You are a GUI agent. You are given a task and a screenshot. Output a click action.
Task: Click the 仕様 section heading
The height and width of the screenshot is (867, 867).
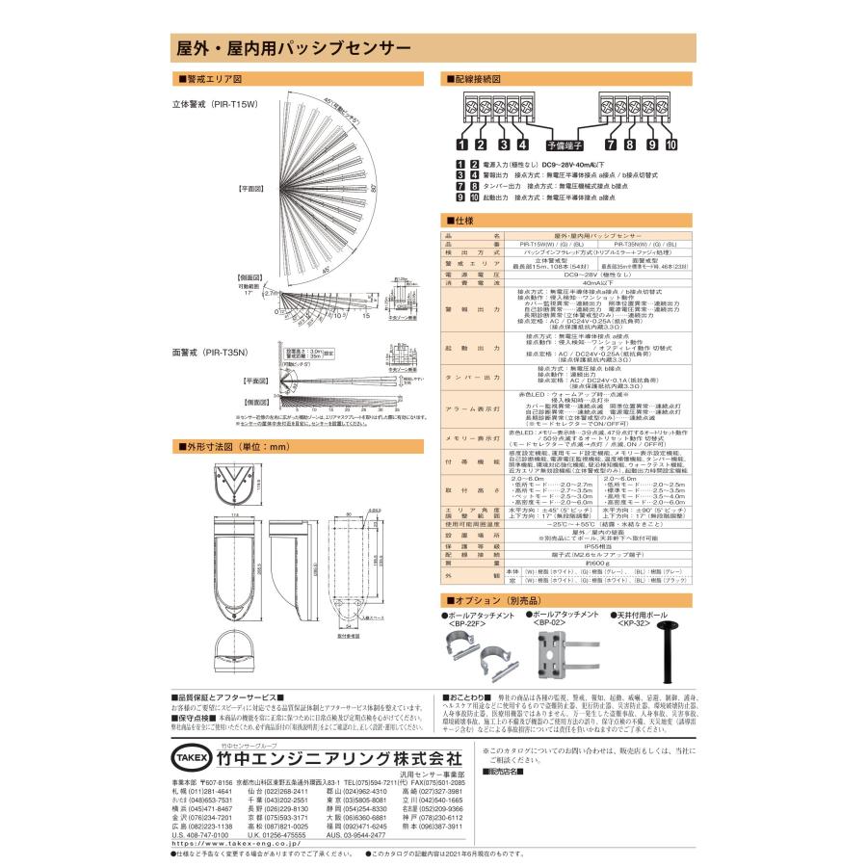pyautogui.click(x=460, y=221)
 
